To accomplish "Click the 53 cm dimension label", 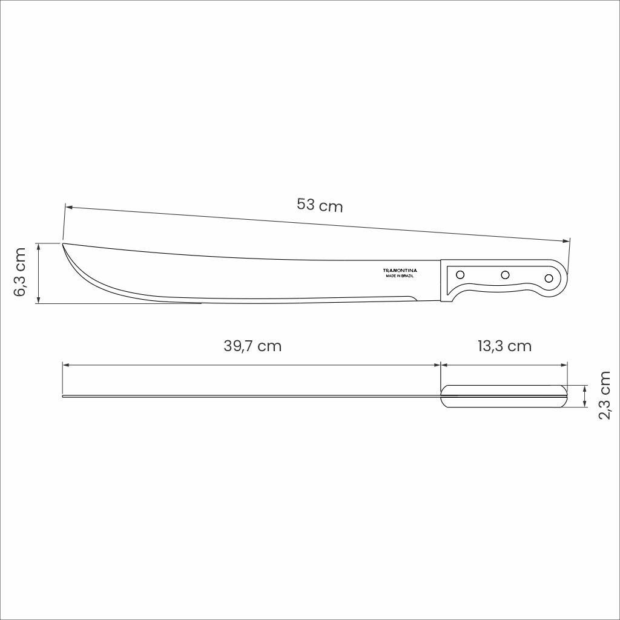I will tap(320, 205).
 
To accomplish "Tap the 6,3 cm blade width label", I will tap(20, 272).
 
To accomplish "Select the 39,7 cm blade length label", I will tap(252, 346).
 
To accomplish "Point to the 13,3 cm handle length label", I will tap(504, 346).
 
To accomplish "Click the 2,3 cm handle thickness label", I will tap(604, 395).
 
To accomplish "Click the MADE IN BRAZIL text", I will tap(401, 276).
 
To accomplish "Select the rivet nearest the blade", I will tap(460, 273).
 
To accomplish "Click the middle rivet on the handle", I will tap(505, 275).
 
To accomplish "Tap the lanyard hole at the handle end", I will tap(549, 279).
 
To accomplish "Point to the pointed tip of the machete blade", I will tap(64, 243).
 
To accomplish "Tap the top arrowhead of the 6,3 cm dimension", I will tap(38, 246).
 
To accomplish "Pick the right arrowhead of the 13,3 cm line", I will tap(565, 365).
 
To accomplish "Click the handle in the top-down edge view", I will tap(504, 396).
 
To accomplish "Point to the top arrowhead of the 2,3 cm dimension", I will tap(584, 388).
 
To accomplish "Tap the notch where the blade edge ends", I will tap(415, 298).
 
